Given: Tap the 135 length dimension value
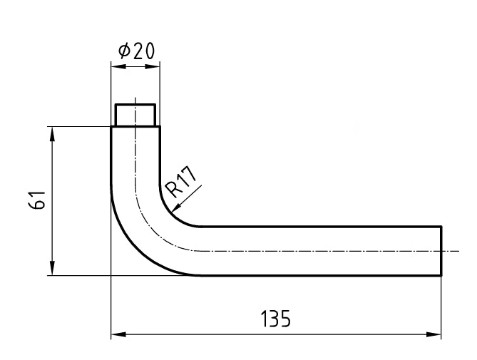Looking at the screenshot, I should [275, 319].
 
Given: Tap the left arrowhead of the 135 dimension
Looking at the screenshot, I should [116, 334].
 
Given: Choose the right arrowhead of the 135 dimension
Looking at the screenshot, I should [436, 334].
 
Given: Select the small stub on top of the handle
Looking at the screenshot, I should [135, 115].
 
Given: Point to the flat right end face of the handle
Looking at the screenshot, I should [442, 250].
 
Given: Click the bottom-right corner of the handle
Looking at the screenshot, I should [442, 275].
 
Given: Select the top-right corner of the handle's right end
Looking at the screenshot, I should [442, 226].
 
